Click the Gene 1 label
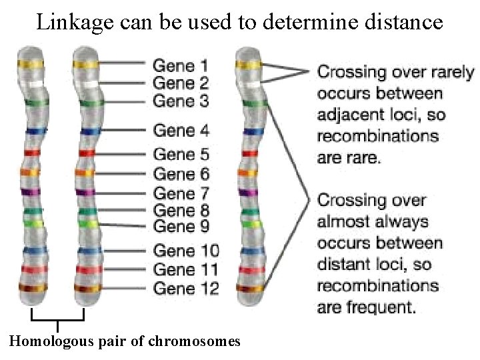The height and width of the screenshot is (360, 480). [x=181, y=65]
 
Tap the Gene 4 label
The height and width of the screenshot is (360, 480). [x=181, y=131]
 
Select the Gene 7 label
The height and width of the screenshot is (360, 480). [x=181, y=193]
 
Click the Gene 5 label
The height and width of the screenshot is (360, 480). [x=181, y=155]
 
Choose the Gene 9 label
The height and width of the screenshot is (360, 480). [x=181, y=227]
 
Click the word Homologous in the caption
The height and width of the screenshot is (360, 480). [x=51, y=342]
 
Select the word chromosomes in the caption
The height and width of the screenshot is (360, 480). [x=197, y=342]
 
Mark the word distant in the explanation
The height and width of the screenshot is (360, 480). [x=341, y=264]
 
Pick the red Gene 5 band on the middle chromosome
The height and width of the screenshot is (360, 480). [x=85, y=153]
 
